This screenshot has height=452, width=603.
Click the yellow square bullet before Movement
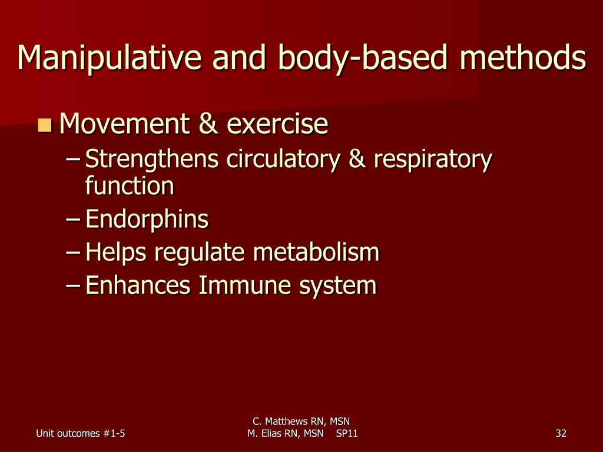click(44, 125)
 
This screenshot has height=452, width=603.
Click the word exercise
click(277, 124)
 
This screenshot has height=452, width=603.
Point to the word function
click(130, 187)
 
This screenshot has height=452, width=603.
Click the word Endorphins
click(147, 220)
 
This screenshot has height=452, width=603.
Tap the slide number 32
click(561, 434)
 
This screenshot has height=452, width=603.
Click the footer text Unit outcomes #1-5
click(80, 434)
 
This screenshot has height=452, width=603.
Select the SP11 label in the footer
click(346, 434)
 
